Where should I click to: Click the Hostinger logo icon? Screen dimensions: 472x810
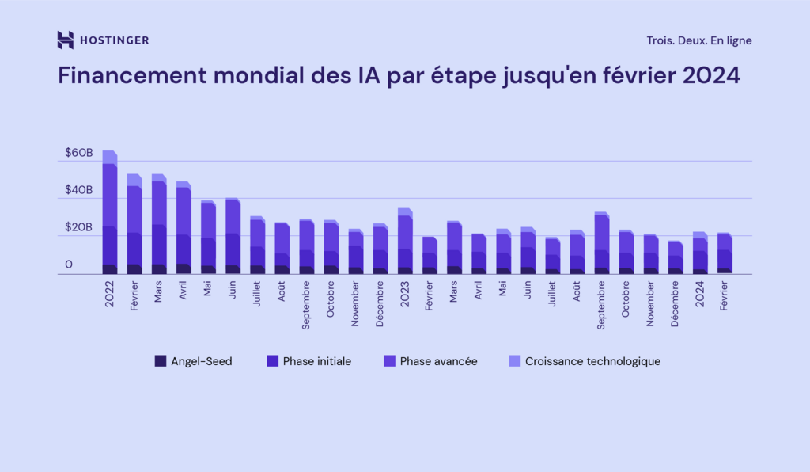(66, 40)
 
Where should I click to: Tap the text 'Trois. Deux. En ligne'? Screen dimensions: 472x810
(698, 40)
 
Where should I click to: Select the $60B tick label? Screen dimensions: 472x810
(79, 151)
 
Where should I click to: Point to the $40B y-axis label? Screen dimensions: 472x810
(79, 190)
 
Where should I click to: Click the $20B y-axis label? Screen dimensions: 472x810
(79, 227)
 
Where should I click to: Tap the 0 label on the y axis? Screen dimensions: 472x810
(69, 265)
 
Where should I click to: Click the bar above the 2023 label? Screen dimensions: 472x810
(404, 242)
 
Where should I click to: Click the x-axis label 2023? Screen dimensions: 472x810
(404, 295)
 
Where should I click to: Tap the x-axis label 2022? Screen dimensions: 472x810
(109, 295)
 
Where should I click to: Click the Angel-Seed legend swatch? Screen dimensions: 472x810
(161, 361)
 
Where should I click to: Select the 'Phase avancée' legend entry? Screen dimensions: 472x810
(438, 361)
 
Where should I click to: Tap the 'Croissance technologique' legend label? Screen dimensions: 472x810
(592, 361)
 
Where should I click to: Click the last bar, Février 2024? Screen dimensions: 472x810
(724, 253)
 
